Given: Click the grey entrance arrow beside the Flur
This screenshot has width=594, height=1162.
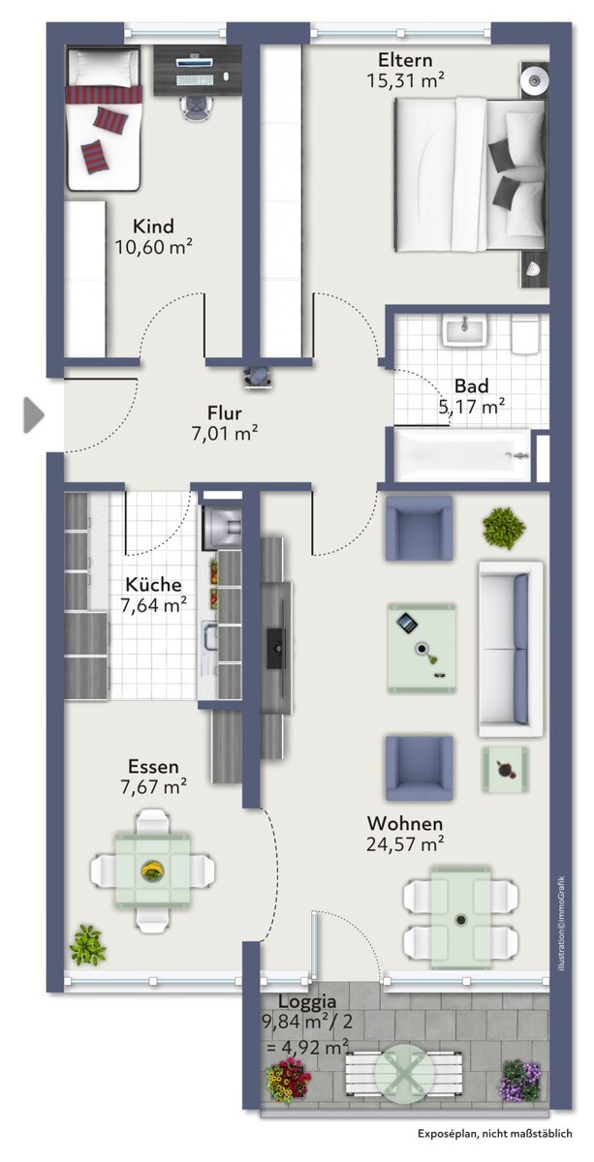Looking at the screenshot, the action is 33,415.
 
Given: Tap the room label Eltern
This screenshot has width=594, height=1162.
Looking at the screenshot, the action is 405,60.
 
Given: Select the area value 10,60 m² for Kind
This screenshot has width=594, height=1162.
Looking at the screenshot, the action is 154,247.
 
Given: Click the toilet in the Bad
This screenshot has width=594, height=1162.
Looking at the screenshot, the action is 525,336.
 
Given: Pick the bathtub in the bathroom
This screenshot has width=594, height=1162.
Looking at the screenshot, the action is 462,455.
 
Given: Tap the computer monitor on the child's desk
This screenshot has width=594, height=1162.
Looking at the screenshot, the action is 195,62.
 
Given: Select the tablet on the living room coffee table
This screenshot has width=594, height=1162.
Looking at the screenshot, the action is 407,623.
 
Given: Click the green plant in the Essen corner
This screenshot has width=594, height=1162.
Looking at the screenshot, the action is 87,945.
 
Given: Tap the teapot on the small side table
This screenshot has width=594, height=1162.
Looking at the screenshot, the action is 504,769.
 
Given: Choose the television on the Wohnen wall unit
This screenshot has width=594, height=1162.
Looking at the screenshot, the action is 276,648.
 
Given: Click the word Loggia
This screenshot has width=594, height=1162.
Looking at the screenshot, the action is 307,1000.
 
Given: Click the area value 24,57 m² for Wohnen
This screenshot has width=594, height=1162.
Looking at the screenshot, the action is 405,844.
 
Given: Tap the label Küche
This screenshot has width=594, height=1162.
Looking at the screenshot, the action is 154,585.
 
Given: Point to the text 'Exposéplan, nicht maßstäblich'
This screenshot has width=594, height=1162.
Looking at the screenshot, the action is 495,1134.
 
